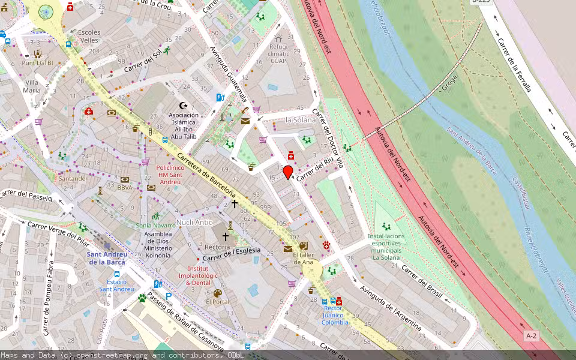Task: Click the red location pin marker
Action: tap(288, 172)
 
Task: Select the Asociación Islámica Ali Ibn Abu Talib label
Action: tap(183, 125)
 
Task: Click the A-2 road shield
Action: tap(531, 335)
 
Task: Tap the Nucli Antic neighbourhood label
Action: tap(194, 223)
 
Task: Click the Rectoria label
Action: tap(217, 247)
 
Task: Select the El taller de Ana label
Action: tap(303, 258)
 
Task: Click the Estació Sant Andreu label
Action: tap(116, 285)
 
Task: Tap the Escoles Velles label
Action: tap(89, 36)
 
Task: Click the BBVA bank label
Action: tap(125, 188)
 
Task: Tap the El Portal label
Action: tap(217, 302)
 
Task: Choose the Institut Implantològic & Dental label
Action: tap(198, 275)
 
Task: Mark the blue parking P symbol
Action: tap(169, 296)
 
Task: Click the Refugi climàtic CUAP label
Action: tap(278, 53)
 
